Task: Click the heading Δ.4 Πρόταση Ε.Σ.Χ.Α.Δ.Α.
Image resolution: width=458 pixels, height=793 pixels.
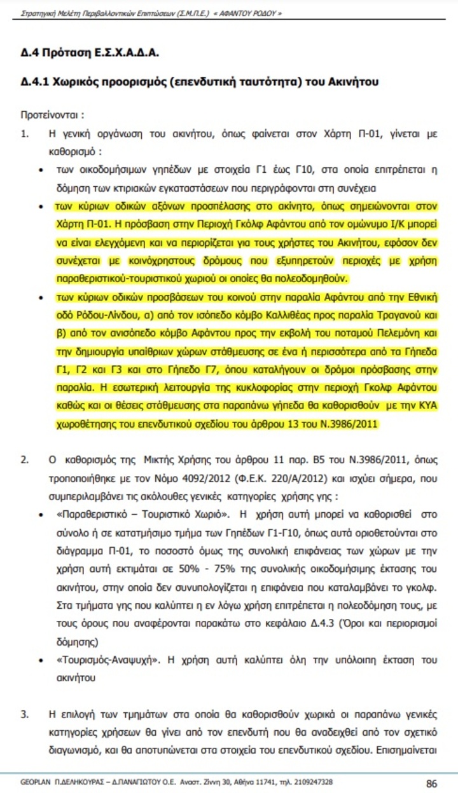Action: click(x=89, y=53)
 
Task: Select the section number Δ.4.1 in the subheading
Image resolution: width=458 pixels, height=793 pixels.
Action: click(x=37, y=83)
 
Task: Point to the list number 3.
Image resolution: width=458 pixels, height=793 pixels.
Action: click(x=25, y=714)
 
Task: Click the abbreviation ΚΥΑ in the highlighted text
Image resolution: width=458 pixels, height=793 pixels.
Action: click(x=429, y=406)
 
